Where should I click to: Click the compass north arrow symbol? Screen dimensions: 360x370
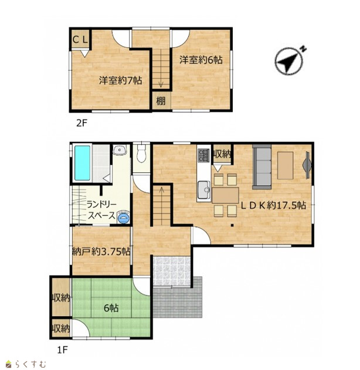tap(288, 61)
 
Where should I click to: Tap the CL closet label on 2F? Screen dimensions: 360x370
tap(80, 40)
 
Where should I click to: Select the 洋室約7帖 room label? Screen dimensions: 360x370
tap(120, 80)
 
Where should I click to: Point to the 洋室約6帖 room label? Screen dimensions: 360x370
tap(201, 60)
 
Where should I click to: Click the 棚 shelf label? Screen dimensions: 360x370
tap(161, 101)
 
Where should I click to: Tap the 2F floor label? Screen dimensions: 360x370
tap(82, 123)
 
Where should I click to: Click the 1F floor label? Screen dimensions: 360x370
tap(63, 350)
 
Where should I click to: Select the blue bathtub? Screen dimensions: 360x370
tap(82, 163)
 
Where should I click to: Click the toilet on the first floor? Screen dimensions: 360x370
tap(141, 153)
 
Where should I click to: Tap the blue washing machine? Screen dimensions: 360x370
tap(123, 217)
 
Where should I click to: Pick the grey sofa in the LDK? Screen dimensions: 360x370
tap(262, 167)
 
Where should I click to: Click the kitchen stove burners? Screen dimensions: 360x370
tap(203, 155)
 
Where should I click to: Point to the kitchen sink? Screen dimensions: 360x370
tap(204, 189)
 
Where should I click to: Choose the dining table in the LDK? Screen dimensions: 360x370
tap(225, 195)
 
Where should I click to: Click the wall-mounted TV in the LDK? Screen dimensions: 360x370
tap(308, 165)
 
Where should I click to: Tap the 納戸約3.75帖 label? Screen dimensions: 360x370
tap(101, 252)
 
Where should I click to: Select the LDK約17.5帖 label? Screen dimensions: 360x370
tap(273, 206)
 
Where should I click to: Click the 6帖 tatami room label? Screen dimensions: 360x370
tap(111, 308)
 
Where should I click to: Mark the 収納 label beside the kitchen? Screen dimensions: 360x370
tap(222, 154)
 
